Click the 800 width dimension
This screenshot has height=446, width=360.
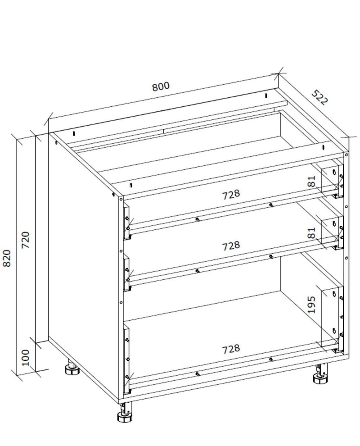pos(161,86)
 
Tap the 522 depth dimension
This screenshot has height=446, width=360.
pos(320,97)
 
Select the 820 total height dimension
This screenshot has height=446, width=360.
pos(7,258)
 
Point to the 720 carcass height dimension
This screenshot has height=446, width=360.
pos(26,240)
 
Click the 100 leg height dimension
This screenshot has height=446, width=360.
pos(26,358)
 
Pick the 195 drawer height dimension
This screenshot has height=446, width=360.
pos(312,305)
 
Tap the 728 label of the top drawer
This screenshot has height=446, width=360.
pos(231,195)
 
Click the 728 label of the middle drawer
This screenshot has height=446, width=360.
pos(231,246)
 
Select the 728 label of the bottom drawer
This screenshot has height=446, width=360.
pos(231,349)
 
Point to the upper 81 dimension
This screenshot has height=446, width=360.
pos(312,181)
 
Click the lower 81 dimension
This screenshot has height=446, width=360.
pos(312,232)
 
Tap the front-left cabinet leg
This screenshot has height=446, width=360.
pos(125,412)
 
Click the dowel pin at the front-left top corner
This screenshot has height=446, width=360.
pos(130,186)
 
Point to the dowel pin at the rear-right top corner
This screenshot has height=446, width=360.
pos(266,96)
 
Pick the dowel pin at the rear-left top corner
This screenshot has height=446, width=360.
pos(74,133)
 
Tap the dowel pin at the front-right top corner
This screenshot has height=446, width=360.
pos(324,147)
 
